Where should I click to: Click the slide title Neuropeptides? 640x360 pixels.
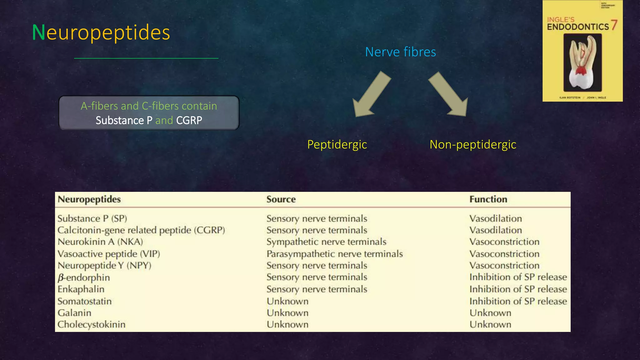pyautogui.click(x=101, y=32)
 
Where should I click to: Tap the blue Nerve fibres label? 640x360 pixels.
pyautogui.click(x=400, y=52)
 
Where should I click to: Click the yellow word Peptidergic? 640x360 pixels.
pyautogui.click(x=337, y=145)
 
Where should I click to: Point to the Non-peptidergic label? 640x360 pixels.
pyautogui.click(x=472, y=145)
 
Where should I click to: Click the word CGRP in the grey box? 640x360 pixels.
pyautogui.click(x=189, y=120)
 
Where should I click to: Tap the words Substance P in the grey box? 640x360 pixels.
pyautogui.click(x=124, y=120)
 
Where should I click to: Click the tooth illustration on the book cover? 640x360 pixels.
pyautogui.click(x=582, y=62)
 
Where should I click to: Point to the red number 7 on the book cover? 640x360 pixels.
pyautogui.click(x=614, y=25)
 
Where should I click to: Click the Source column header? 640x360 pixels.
pyautogui.click(x=281, y=199)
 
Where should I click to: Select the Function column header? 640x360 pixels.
pyautogui.click(x=488, y=199)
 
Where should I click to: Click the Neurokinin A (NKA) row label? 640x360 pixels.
pyautogui.click(x=100, y=242)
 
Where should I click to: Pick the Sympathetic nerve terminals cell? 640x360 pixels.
pyautogui.click(x=326, y=242)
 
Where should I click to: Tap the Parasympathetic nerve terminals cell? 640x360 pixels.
pyautogui.click(x=334, y=254)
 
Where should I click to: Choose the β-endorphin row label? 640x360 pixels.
pyautogui.click(x=84, y=277)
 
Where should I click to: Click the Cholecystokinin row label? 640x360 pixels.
pyautogui.click(x=91, y=324)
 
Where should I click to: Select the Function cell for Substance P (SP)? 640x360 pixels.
pyautogui.click(x=496, y=218)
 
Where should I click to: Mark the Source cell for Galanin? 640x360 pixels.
pyautogui.click(x=287, y=313)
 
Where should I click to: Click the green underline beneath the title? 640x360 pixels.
pyautogui.click(x=146, y=58)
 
